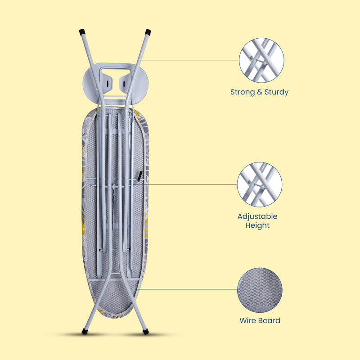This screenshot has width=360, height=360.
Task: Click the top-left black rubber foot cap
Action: coord(82,31)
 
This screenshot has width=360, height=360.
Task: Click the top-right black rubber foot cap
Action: coord(148,32)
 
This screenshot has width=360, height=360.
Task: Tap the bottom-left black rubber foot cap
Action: coord(85,331)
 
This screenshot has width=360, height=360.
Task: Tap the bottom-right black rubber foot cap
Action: coord(145,331)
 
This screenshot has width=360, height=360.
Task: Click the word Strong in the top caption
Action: coord(243,92)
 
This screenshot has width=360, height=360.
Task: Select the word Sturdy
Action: coord(276,92)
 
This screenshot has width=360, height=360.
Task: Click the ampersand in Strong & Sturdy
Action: coord(260,92)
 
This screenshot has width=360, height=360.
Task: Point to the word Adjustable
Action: coord(257,216)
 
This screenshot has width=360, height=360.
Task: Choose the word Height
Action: coord(257,225)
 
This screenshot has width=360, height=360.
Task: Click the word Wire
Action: coord(247,320)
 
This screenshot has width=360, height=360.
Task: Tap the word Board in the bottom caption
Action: coord(269,320)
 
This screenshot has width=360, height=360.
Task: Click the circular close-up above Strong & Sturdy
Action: coord(261,60)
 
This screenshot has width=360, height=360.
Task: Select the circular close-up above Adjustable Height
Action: coord(260,184)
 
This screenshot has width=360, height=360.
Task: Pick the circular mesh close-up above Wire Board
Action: coord(260,290)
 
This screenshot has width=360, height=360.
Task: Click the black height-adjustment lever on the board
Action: coord(140,176)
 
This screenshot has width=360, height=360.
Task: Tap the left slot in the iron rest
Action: coord(107,84)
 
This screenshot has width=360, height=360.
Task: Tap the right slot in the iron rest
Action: coord(123,84)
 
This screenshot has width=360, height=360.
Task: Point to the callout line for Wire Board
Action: coord(189,289)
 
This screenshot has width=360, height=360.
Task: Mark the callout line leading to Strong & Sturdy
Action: coord(190,60)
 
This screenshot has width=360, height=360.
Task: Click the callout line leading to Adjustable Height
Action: coord(185,184)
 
